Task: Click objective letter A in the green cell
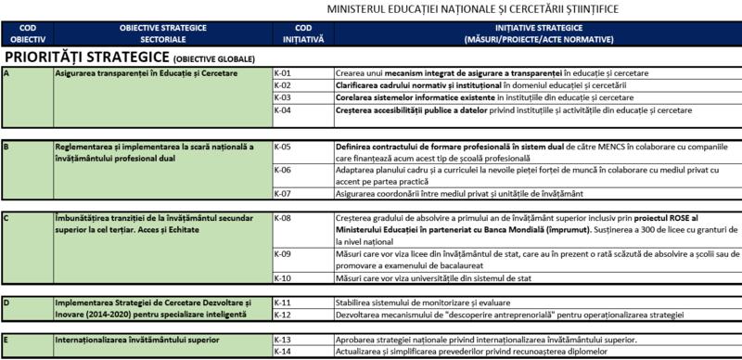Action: (7, 72)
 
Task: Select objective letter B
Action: (7, 147)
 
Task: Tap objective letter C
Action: (7, 217)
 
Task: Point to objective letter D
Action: (7, 302)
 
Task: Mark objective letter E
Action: (7, 340)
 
